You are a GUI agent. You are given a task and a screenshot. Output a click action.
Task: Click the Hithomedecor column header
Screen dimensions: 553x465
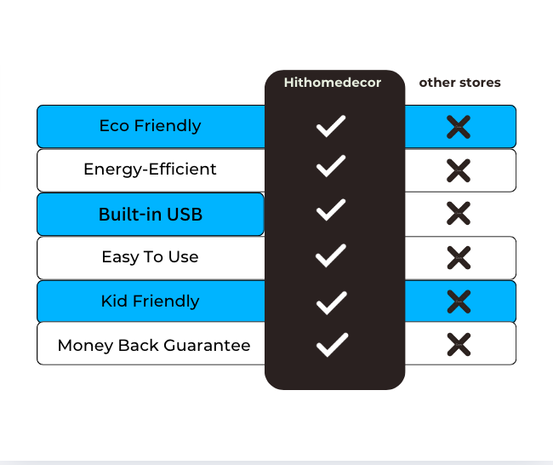[333, 83]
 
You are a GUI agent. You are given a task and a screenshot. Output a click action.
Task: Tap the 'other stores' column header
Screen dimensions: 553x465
[459, 83]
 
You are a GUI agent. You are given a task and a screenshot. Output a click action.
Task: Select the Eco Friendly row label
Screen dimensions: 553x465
[151, 126]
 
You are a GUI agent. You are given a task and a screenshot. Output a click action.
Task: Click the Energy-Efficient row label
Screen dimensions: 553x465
[150, 169]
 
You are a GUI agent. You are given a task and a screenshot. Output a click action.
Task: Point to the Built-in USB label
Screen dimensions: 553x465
[151, 215]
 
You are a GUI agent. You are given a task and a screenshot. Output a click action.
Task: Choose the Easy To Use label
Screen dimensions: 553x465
[151, 257]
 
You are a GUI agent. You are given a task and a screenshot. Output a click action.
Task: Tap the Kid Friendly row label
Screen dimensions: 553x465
[151, 301]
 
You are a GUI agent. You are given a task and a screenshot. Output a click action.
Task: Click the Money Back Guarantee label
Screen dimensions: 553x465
[154, 345]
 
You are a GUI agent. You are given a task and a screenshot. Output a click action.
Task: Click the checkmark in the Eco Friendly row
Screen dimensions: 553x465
[331, 126]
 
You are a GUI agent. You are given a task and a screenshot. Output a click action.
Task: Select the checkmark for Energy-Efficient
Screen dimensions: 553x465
[331, 166]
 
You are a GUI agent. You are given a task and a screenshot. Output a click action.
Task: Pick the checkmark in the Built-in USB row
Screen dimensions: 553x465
[331, 210]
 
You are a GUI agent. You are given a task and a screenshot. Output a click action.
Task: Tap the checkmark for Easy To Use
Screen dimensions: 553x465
[331, 255]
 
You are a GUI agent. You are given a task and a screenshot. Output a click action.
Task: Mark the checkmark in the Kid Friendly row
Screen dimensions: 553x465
[332, 303]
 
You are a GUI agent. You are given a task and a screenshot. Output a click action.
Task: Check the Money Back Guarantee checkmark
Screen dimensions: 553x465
[332, 345]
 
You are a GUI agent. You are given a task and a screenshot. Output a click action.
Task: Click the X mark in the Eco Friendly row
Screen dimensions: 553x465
[459, 127]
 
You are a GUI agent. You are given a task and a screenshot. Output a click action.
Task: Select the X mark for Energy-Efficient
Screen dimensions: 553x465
[459, 170]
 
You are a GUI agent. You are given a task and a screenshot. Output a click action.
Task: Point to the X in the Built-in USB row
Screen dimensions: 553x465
[459, 213]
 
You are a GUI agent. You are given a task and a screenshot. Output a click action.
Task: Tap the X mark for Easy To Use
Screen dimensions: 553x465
[459, 258]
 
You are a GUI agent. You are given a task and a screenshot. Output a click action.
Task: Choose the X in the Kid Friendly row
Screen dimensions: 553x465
[459, 301]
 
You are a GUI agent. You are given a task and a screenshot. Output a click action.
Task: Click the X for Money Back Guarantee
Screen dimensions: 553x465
[459, 345]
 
